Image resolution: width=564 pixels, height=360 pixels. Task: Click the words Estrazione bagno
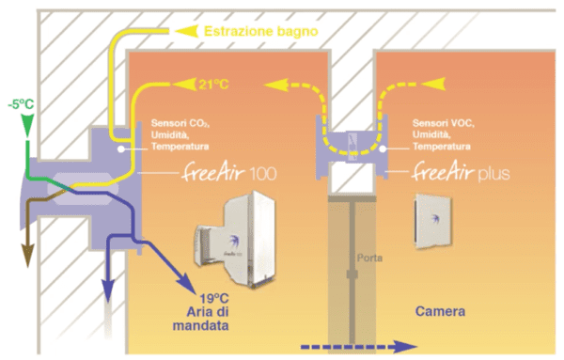click(261, 31)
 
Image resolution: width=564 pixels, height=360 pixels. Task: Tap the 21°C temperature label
click(213, 85)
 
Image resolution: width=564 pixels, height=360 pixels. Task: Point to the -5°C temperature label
click(21, 104)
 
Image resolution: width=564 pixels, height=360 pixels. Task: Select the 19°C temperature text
click(214, 299)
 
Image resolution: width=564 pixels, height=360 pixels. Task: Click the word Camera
click(440, 311)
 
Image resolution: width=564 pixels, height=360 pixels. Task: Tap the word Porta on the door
click(369, 258)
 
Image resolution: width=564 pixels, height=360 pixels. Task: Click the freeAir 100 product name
click(229, 172)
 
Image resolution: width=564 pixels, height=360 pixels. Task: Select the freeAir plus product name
click(461, 172)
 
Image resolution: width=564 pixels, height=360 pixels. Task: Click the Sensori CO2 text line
click(180, 123)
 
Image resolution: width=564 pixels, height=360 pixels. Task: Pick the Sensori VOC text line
click(443, 123)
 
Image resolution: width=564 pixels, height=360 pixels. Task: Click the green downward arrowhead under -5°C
click(27, 125)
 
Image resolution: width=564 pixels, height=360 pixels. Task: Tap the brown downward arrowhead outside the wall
click(27, 255)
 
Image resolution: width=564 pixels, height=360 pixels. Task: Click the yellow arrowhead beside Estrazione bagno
click(186, 31)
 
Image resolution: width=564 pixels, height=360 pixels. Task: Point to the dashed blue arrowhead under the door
click(405, 347)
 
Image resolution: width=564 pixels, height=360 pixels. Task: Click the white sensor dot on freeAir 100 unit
click(122, 149)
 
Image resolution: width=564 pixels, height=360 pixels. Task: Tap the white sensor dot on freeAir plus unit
click(384, 149)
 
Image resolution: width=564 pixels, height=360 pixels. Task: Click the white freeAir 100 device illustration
click(236, 239)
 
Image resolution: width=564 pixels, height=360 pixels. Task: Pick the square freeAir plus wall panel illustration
click(433, 222)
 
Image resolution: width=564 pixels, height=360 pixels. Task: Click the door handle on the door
click(352, 274)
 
